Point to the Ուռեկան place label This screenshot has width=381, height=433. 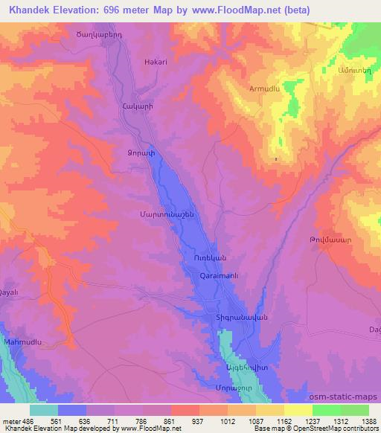pyautogui.click(x=201, y=258)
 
